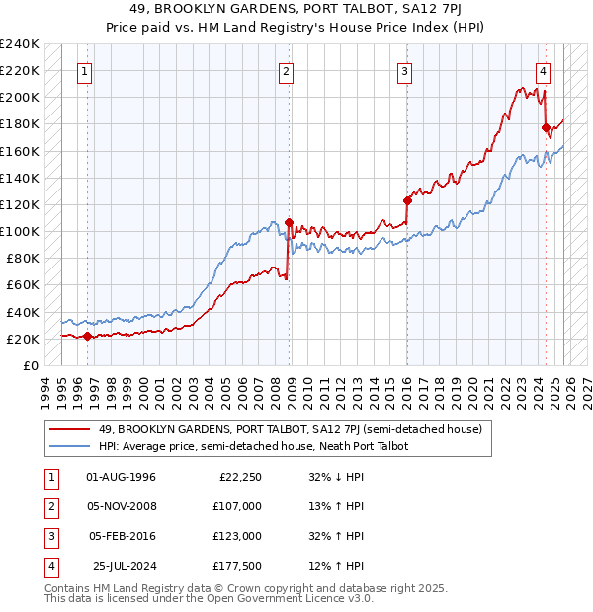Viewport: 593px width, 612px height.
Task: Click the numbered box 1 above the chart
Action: tap(86, 70)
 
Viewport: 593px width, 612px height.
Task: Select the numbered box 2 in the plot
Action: tap(286, 70)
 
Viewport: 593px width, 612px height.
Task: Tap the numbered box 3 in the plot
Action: tap(405, 70)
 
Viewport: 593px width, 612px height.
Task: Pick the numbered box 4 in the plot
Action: tap(544, 70)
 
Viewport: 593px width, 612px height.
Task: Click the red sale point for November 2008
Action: tap(289, 222)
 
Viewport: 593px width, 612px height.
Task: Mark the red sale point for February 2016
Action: tap(407, 200)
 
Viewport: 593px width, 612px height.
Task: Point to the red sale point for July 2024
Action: tap(546, 127)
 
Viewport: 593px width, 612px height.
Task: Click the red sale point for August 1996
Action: tap(87, 336)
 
